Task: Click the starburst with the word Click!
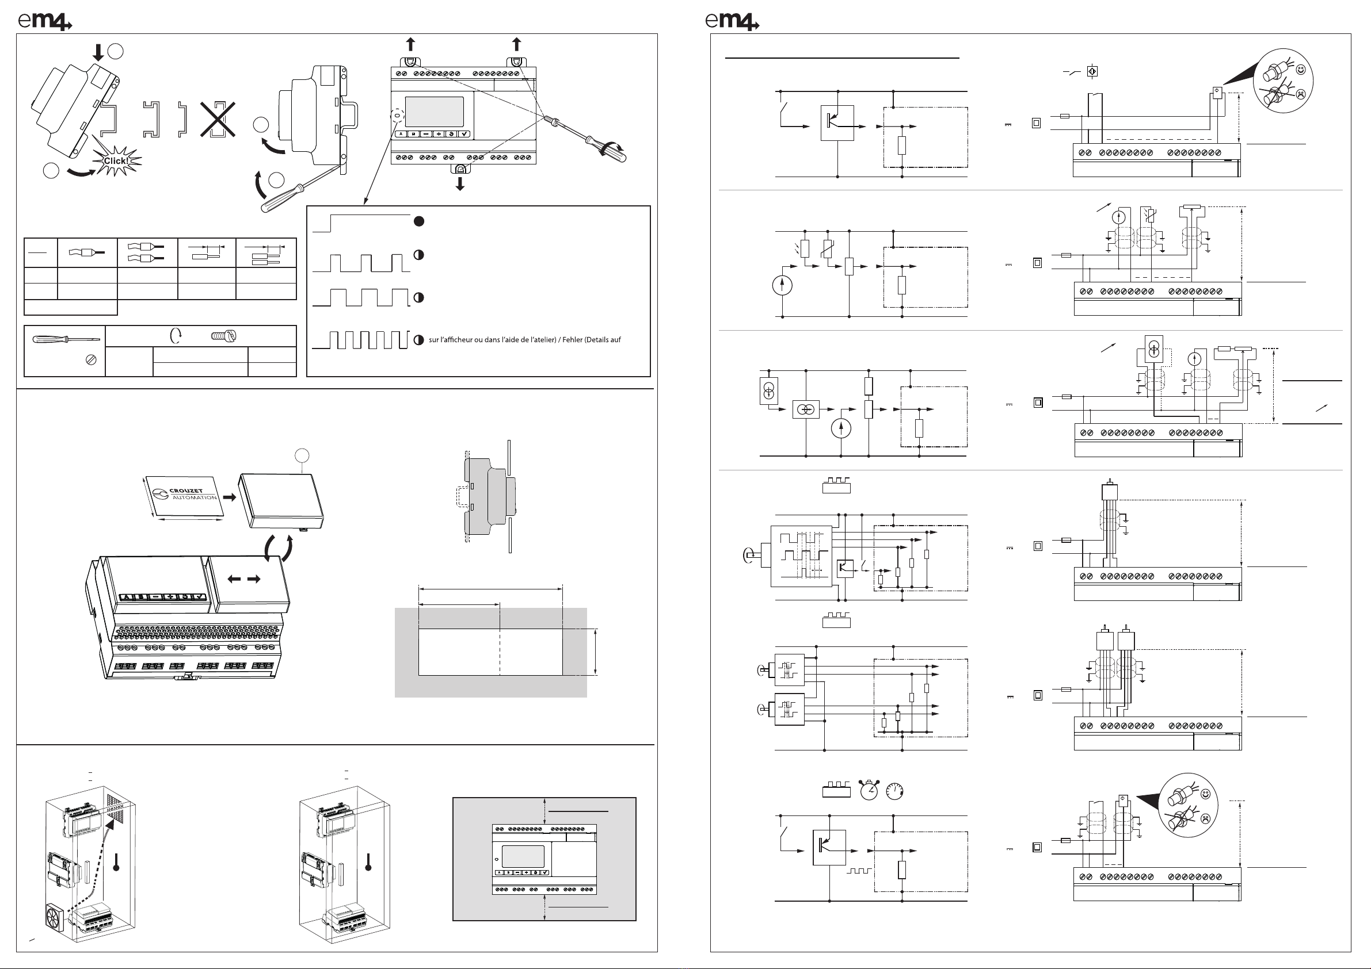(116, 161)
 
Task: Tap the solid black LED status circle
(419, 221)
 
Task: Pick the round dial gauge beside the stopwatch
(894, 791)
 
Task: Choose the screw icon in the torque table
(224, 336)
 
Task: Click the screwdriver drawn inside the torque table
(66, 339)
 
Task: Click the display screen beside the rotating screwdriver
(434, 112)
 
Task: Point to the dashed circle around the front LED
(397, 115)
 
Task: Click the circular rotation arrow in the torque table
(176, 336)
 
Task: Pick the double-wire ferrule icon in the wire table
(146, 253)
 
